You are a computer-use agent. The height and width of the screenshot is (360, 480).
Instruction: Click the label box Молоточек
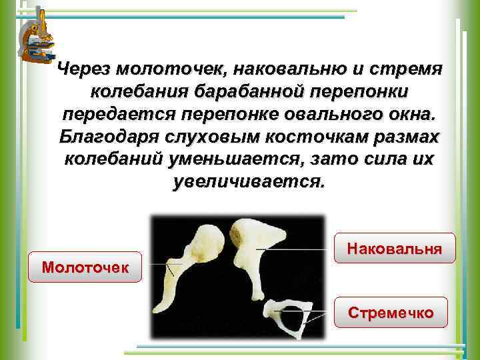click(85, 267)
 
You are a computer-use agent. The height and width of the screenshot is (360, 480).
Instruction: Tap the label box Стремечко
click(391, 312)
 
